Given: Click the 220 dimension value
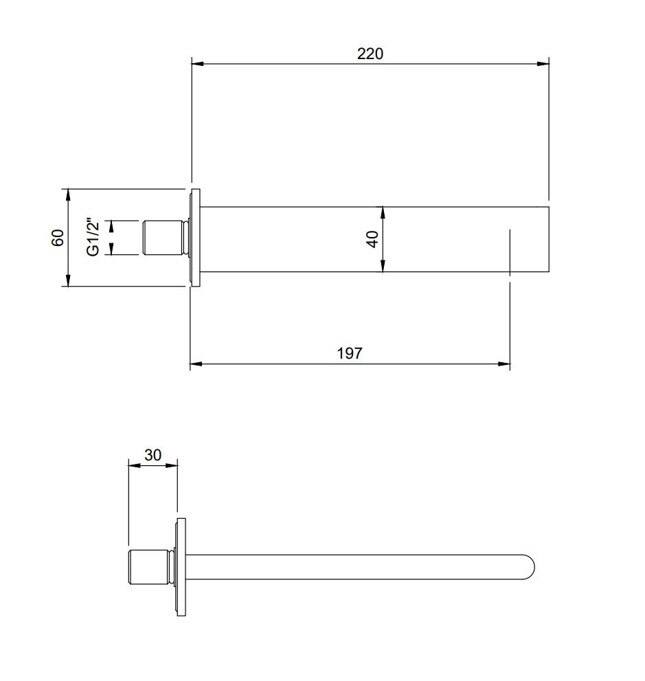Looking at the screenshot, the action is coord(370,54).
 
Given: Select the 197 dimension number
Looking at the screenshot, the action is coord(350,353).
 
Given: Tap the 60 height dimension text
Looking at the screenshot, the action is coord(58,238).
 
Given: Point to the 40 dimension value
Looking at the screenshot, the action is coord(372,239).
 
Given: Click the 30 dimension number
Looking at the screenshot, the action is coord(152,455).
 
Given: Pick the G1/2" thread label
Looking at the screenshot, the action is coord(93,237).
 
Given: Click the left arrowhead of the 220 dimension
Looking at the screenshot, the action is coord(198,64).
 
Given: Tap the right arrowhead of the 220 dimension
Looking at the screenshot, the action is coord(543,64).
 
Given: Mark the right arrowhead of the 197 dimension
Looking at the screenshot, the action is coord(504,364).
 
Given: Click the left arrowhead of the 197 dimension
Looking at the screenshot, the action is coord(196,364).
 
